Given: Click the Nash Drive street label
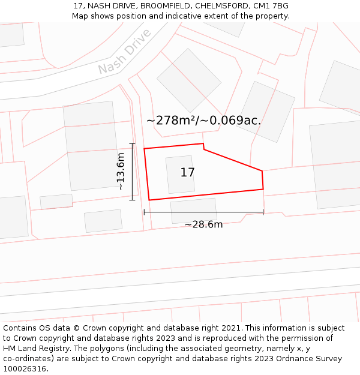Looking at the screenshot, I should (x=124, y=52).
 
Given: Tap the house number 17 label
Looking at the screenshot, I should (x=187, y=173).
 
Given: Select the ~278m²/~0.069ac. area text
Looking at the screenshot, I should (x=203, y=120).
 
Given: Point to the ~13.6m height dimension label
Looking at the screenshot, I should (x=121, y=172).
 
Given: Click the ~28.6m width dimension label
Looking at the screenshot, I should (x=203, y=224).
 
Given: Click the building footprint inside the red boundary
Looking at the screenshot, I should (x=180, y=175).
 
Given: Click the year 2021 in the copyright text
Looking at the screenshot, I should (x=229, y=328).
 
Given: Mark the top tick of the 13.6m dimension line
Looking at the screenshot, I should (x=132, y=144).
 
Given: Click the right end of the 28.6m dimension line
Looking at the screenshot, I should (x=263, y=212).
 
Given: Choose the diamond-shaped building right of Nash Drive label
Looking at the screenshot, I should (x=189, y=80).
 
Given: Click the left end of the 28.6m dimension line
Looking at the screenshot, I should (x=144, y=212).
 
